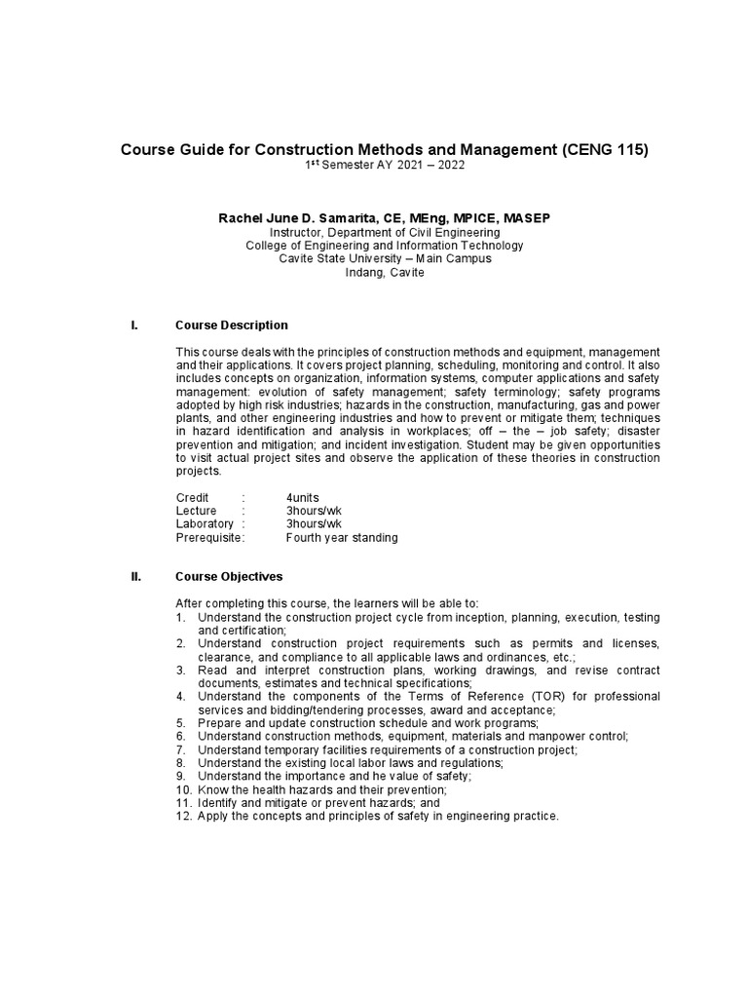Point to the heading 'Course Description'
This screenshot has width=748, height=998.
[231, 325]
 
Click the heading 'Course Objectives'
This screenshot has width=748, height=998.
[227, 576]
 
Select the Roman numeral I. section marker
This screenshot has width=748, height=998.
[134, 325]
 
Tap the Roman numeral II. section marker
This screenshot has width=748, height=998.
[136, 576]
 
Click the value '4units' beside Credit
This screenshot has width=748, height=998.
[303, 497]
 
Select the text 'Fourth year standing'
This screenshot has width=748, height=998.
[342, 538]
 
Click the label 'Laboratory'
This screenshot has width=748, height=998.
[205, 524]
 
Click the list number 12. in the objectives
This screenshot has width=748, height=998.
[183, 816]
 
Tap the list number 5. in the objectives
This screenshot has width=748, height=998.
[181, 722]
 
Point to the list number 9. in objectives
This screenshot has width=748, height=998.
[181, 776]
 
